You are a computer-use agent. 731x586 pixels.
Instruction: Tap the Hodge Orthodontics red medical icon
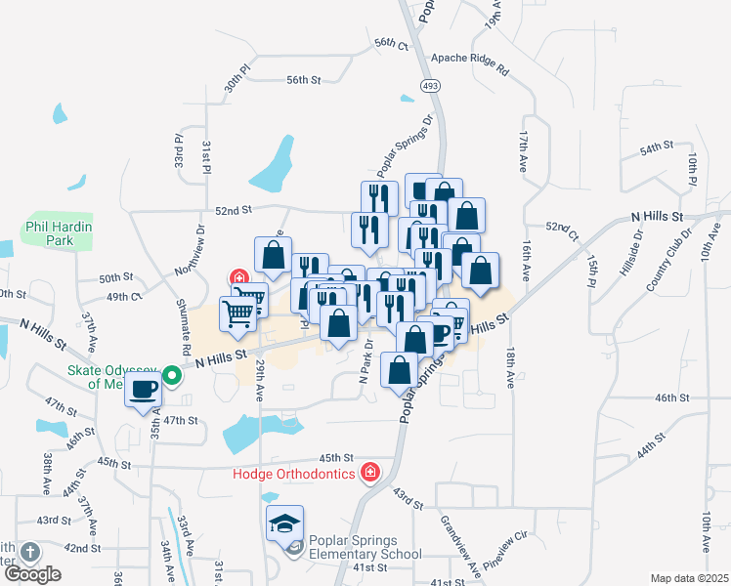tap(369, 475)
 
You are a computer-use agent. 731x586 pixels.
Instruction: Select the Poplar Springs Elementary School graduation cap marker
tap(284, 525)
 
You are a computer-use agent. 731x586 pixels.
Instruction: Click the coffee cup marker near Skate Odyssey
tap(145, 390)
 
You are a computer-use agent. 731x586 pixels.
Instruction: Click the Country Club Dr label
tap(668, 261)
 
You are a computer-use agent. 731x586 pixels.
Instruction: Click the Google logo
tap(32, 574)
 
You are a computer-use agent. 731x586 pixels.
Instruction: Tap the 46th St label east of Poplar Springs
tap(672, 398)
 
